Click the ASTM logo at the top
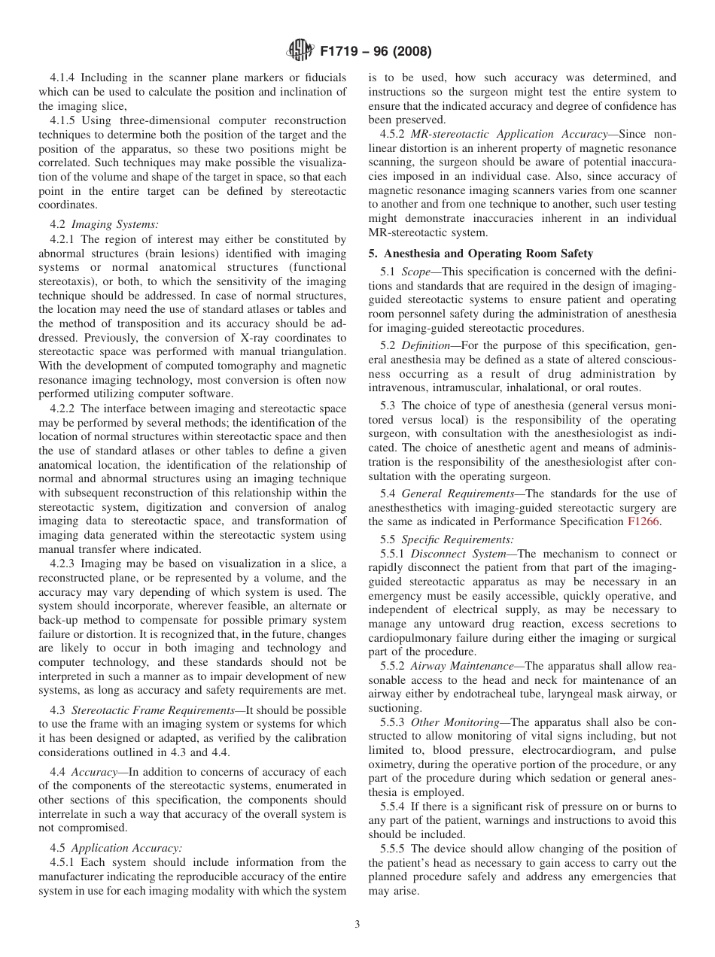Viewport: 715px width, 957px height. click(x=300, y=52)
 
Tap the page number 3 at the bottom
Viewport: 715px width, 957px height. click(x=357, y=925)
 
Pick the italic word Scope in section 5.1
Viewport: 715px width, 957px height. click(x=416, y=271)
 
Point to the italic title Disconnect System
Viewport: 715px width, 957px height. click(x=458, y=554)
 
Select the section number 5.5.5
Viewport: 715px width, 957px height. click(x=394, y=849)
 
